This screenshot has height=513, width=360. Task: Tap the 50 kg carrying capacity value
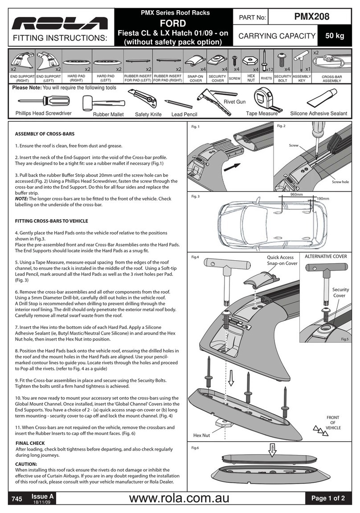click(334, 36)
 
